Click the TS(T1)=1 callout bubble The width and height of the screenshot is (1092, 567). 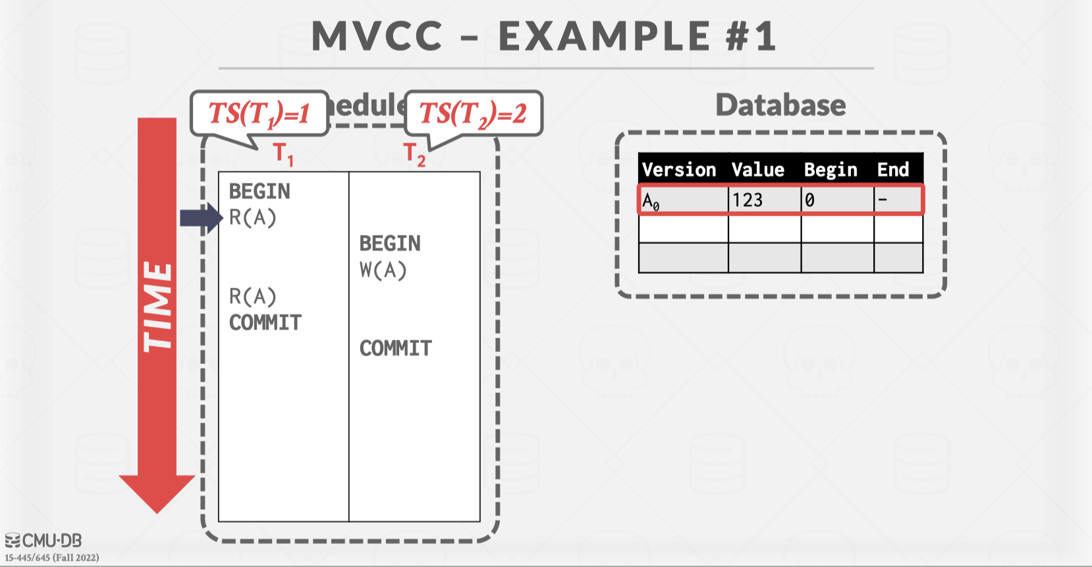click(x=259, y=113)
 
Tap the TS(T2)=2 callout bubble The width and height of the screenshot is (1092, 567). click(x=474, y=113)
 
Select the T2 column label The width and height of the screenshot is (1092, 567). click(x=414, y=154)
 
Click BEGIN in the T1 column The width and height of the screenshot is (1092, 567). click(x=259, y=191)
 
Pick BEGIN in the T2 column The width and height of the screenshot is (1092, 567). click(x=390, y=243)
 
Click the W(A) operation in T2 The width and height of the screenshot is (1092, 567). click(x=383, y=270)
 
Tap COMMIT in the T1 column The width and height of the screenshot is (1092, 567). click(x=265, y=322)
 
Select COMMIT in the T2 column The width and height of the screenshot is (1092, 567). click(x=396, y=348)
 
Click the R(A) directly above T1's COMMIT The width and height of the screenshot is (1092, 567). click(x=253, y=297)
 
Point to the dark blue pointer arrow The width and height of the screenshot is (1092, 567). click(x=201, y=218)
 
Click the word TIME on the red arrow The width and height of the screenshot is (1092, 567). click(x=158, y=307)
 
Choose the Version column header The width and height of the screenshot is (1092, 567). click(x=679, y=169)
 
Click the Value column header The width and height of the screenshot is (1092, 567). click(x=758, y=169)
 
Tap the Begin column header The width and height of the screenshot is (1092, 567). click(x=831, y=169)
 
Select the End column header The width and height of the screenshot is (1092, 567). click(x=892, y=169)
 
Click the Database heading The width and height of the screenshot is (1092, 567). click(x=780, y=105)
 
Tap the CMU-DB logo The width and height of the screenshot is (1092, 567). click(x=43, y=541)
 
